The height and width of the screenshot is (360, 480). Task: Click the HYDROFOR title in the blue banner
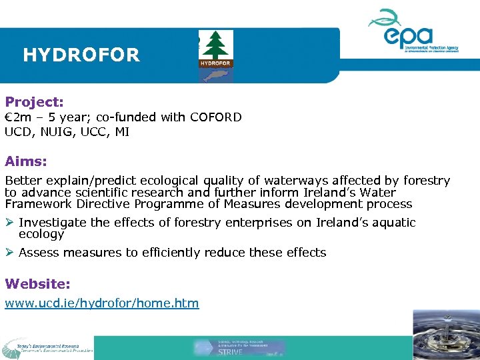pos(81,55)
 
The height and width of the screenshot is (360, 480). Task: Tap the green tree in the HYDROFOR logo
pos(214,45)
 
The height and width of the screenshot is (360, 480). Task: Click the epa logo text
pos(409,35)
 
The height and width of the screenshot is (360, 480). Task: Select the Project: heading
pos(35,102)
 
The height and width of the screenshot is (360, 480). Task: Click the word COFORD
pos(216,117)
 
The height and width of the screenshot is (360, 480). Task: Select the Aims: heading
pos(26,161)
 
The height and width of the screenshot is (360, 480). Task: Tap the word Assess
pos(38,253)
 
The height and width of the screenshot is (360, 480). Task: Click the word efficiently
pos(139,253)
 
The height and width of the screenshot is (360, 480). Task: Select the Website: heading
pos(37,283)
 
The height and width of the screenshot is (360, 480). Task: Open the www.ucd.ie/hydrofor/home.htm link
pos(102,303)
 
